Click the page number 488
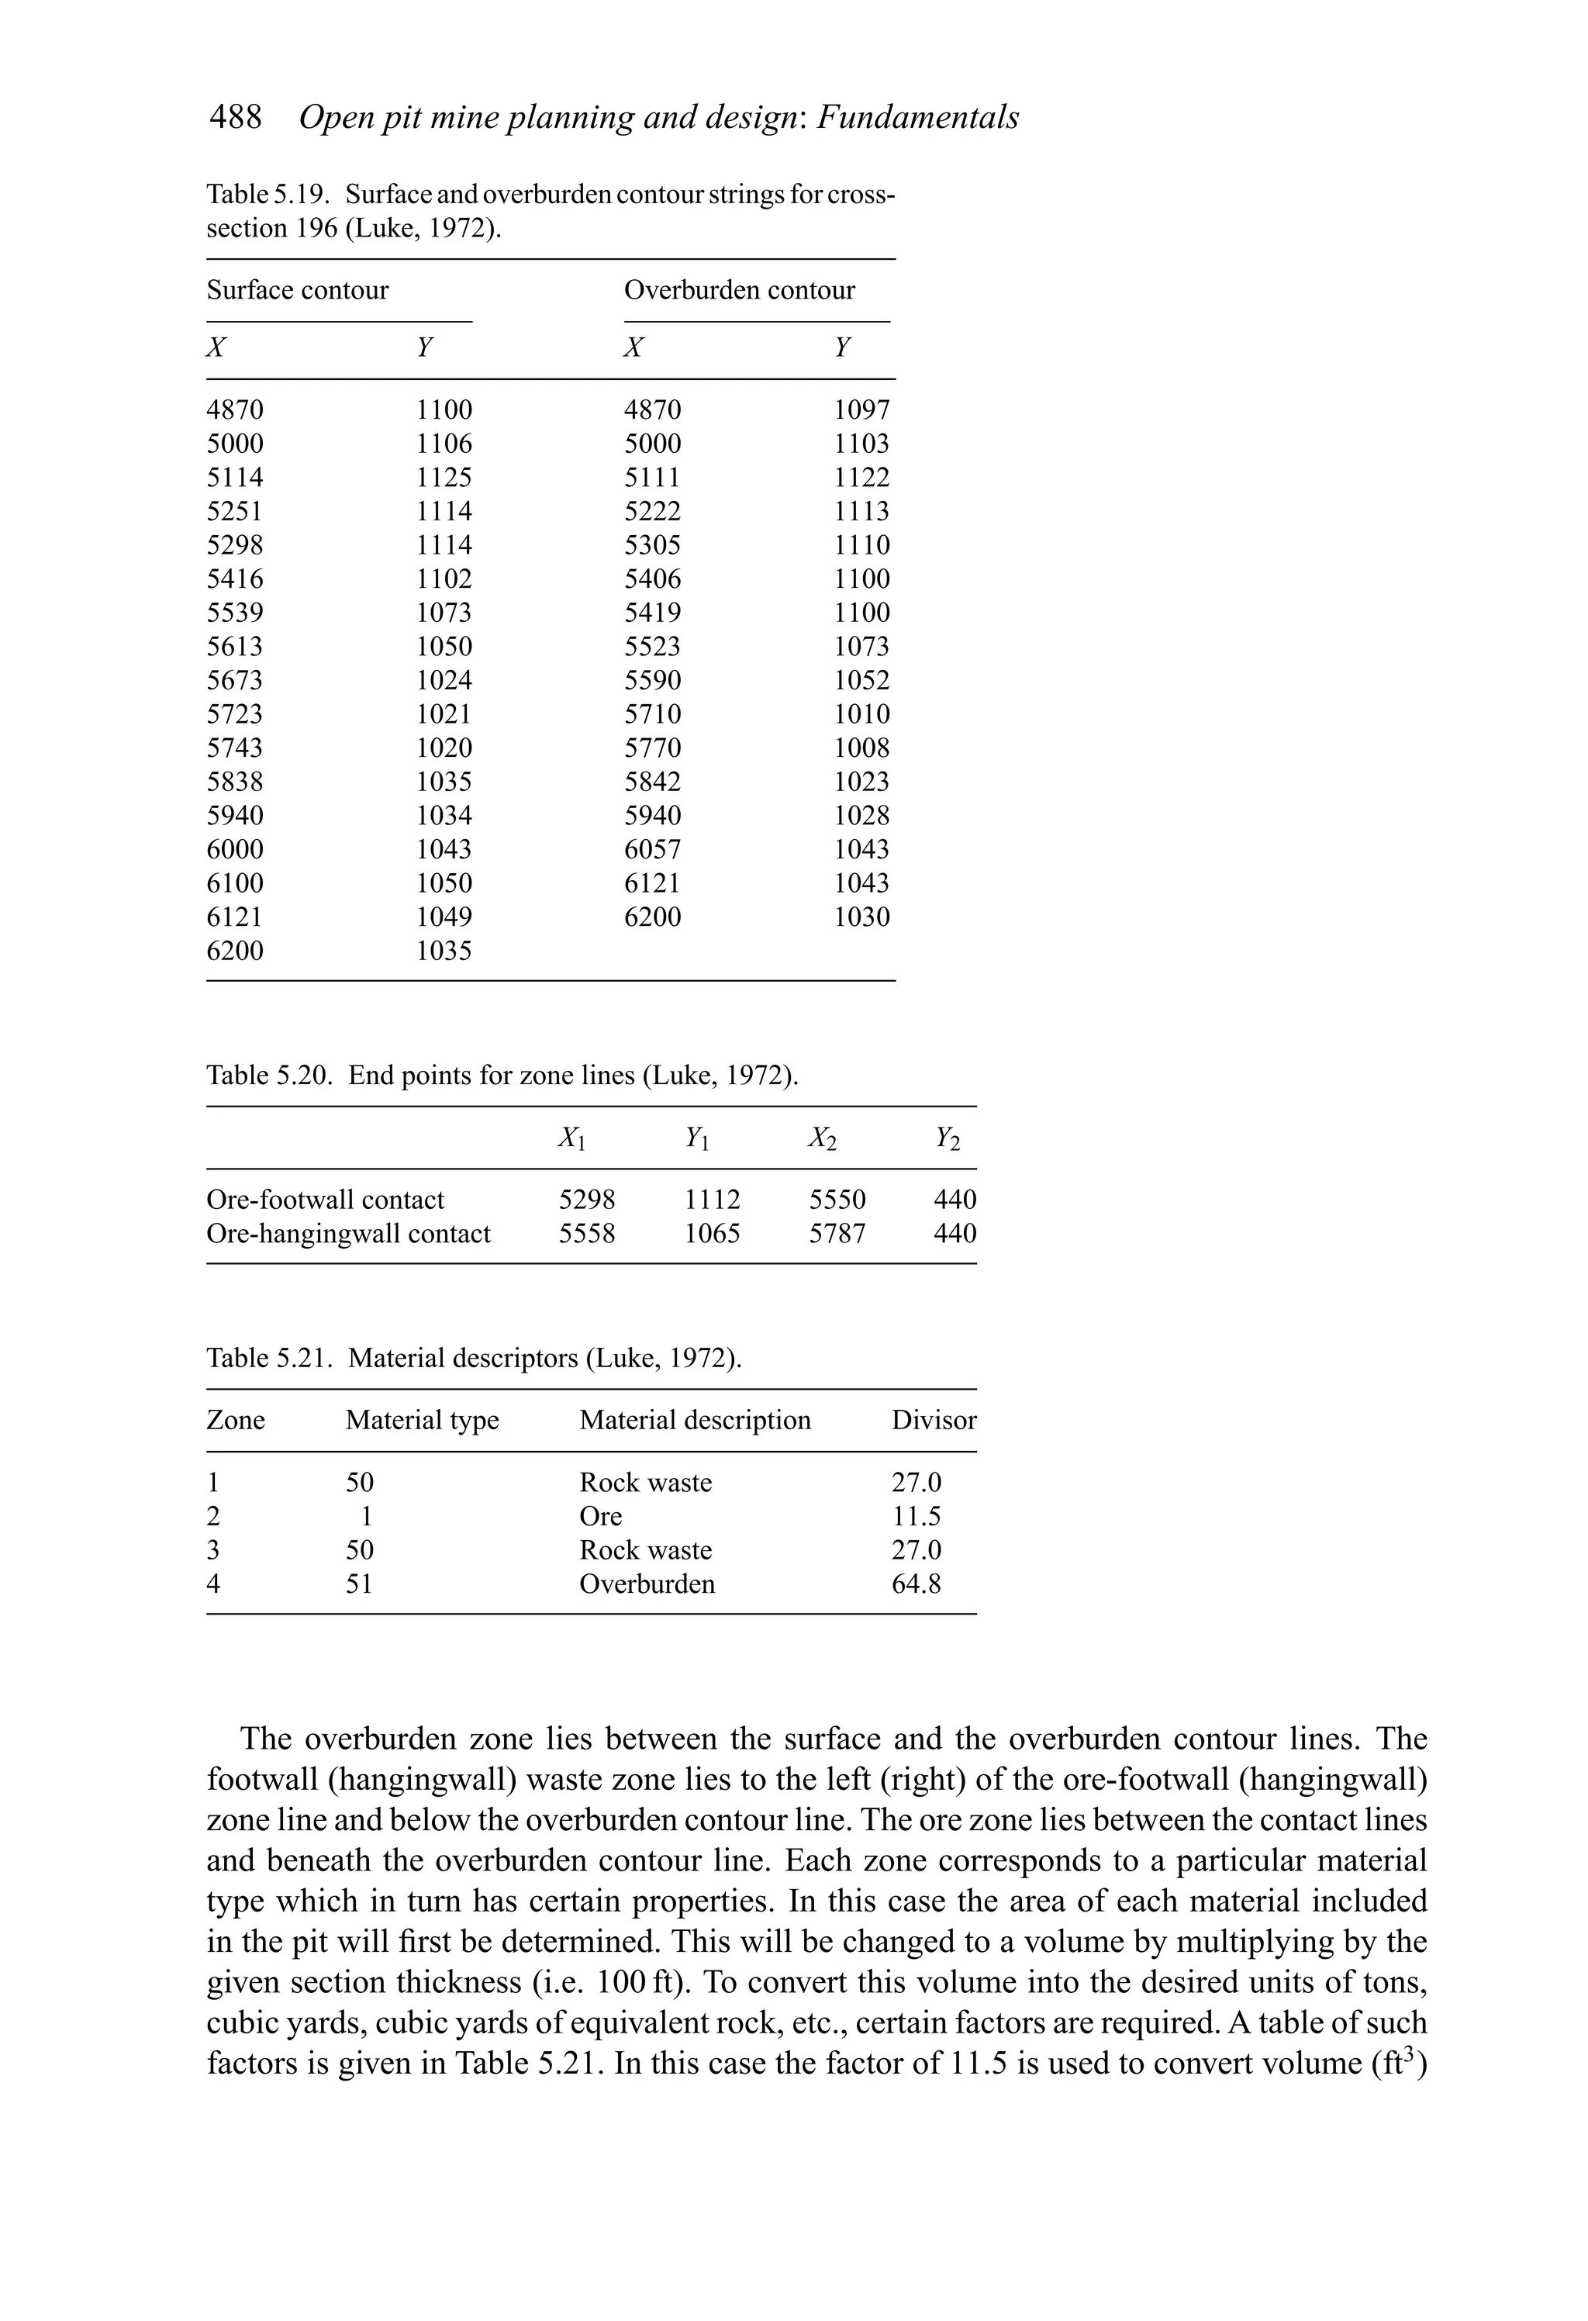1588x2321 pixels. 235,118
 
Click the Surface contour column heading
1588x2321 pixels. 298,291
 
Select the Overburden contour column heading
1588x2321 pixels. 739,291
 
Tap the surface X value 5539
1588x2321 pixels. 235,613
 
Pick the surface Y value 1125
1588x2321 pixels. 444,478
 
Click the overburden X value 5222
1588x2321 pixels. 652,511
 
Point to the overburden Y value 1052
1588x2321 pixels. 861,681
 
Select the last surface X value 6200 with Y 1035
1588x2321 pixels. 235,951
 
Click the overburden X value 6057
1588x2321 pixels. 652,850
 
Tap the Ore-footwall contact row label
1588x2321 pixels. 325,1200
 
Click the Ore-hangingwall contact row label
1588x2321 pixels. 347,1235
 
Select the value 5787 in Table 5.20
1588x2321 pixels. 837,1235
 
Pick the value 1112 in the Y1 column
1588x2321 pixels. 712,1200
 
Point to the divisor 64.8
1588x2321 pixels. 916,1585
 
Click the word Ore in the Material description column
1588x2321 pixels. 600,1517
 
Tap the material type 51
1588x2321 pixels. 358,1585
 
